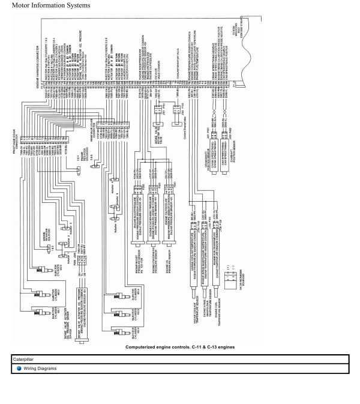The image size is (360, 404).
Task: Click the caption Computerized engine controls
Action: (x=180, y=347)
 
